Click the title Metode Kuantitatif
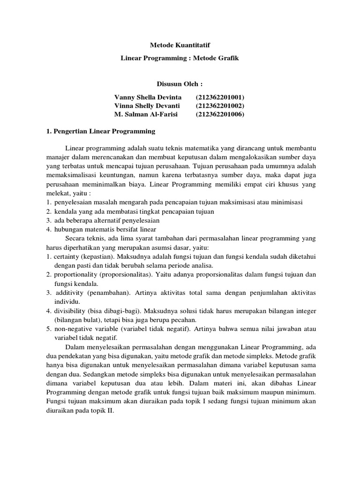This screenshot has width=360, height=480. pos(180,45)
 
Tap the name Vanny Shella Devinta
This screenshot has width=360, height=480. pos(148,97)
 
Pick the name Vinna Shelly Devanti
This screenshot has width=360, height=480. pos(147,105)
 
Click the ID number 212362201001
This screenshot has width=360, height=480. pos(220,97)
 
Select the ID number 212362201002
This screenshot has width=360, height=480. pos(220,105)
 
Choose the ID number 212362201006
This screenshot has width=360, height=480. pos(220,114)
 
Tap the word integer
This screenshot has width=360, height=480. pos(305,311)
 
